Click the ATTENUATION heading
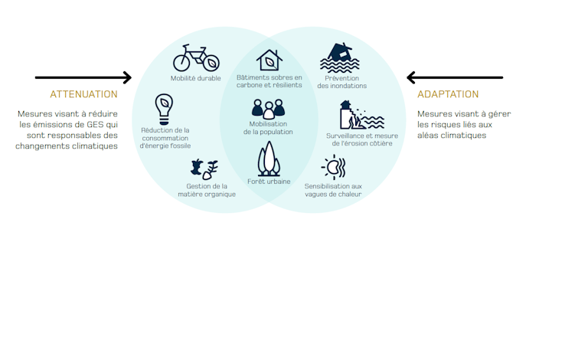(83, 94)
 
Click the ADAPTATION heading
(448, 94)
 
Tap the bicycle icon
(196, 58)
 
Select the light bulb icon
(164, 109)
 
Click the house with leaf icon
(269, 60)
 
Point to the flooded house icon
(340, 57)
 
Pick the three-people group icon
(268, 109)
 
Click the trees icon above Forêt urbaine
(269, 159)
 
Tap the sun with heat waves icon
(333, 167)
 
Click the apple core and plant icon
(204, 169)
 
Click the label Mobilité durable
(196, 78)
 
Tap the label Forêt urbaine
(269, 182)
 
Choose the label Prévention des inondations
(342, 82)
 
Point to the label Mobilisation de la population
(268, 128)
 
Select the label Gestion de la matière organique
(207, 190)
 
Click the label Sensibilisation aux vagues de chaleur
(333, 190)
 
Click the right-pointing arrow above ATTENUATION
(83, 77)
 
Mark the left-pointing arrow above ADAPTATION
(455, 77)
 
